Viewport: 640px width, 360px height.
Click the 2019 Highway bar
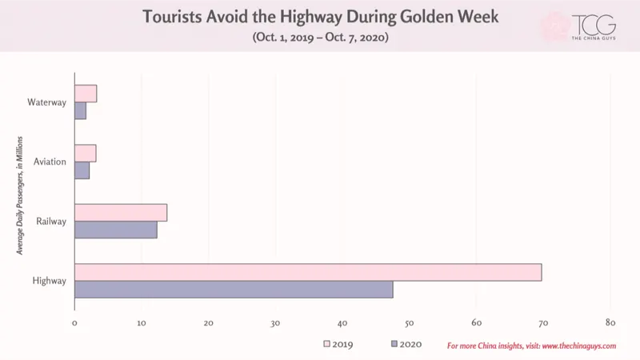pos(308,272)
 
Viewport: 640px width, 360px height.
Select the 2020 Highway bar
pos(234,290)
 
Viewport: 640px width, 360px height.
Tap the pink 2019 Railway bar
pos(121,213)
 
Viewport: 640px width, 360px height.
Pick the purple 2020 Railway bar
pos(116,230)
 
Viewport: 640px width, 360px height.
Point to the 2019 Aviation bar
pos(86,153)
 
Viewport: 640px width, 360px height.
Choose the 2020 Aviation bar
pos(82,170)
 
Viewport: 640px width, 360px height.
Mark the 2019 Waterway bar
pos(86,94)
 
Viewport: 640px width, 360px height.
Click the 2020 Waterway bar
pos(81,110)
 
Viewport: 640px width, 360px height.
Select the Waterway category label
pos(46,102)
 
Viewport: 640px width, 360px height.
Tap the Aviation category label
pos(50,162)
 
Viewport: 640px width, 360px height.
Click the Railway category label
pos(51,222)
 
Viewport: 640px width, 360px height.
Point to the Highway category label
pos(49,281)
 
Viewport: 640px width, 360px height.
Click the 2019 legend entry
pos(338,344)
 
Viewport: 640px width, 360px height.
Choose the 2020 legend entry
pos(406,344)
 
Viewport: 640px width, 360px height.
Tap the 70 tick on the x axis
pos(543,323)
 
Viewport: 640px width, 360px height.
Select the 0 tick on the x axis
pos(74,323)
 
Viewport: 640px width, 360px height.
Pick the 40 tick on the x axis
pos(342,323)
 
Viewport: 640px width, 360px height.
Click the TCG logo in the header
pos(594,27)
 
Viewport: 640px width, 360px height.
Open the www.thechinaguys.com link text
pos(579,346)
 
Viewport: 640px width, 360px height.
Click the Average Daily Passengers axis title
pos(19,195)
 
